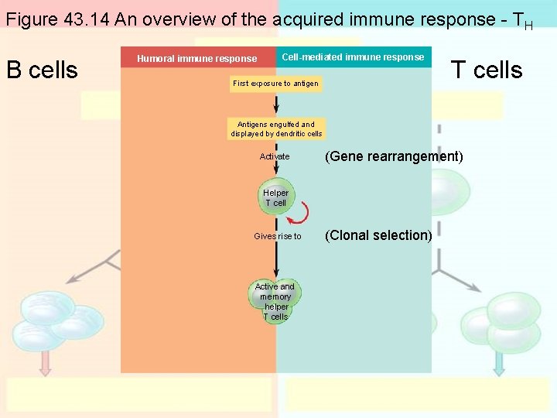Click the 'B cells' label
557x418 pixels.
click(x=42, y=70)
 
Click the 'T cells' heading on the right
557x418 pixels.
click(x=487, y=70)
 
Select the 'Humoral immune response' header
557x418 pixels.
click(x=197, y=58)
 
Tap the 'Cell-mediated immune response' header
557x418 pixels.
click(x=353, y=57)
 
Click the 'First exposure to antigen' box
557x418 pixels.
click(x=276, y=84)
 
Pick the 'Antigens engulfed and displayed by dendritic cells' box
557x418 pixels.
click(x=276, y=128)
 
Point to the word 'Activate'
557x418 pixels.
click(x=275, y=156)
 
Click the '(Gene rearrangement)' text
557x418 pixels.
click(x=394, y=156)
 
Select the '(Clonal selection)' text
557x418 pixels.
click(x=378, y=235)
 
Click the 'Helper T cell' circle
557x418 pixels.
click(x=275, y=198)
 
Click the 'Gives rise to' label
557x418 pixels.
click(x=278, y=236)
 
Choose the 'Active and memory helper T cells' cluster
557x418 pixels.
click(x=275, y=302)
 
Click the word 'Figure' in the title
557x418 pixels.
click(x=30, y=19)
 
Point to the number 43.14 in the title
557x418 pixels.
click(x=84, y=19)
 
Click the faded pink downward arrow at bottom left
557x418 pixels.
click(x=45, y=362)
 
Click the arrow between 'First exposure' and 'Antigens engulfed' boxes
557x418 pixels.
click(x=276, y=104)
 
